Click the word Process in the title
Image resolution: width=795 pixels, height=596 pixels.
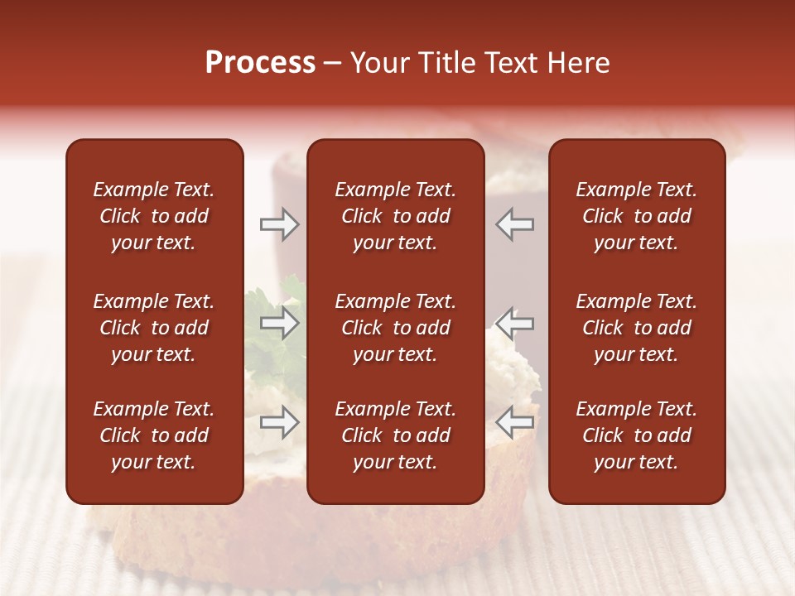(260, 63)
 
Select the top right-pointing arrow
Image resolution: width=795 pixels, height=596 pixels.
(279, 224)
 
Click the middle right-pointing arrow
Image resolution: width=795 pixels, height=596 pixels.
(279, 324)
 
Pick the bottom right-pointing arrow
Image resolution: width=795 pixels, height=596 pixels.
(279, 422)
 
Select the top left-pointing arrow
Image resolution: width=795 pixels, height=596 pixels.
(515, 224)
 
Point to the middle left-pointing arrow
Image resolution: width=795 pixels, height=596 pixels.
(515, 324)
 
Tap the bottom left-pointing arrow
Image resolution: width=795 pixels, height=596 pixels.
(515, 422)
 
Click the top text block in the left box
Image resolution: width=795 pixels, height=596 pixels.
(154, 216)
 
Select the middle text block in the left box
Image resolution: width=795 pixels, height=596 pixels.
(154, 328)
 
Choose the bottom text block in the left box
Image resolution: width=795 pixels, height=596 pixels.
(154, 435)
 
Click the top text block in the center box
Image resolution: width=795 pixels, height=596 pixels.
(395, 216)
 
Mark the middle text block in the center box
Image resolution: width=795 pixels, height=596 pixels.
(395, 328)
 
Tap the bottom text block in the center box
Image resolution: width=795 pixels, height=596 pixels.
(395, 435)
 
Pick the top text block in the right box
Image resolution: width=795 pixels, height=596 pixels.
(636, 216)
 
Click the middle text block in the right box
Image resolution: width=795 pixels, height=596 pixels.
(636, 328)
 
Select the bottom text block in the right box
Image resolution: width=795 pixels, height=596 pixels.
(636, 435)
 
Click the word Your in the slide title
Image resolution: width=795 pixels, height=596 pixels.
(379, 63)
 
